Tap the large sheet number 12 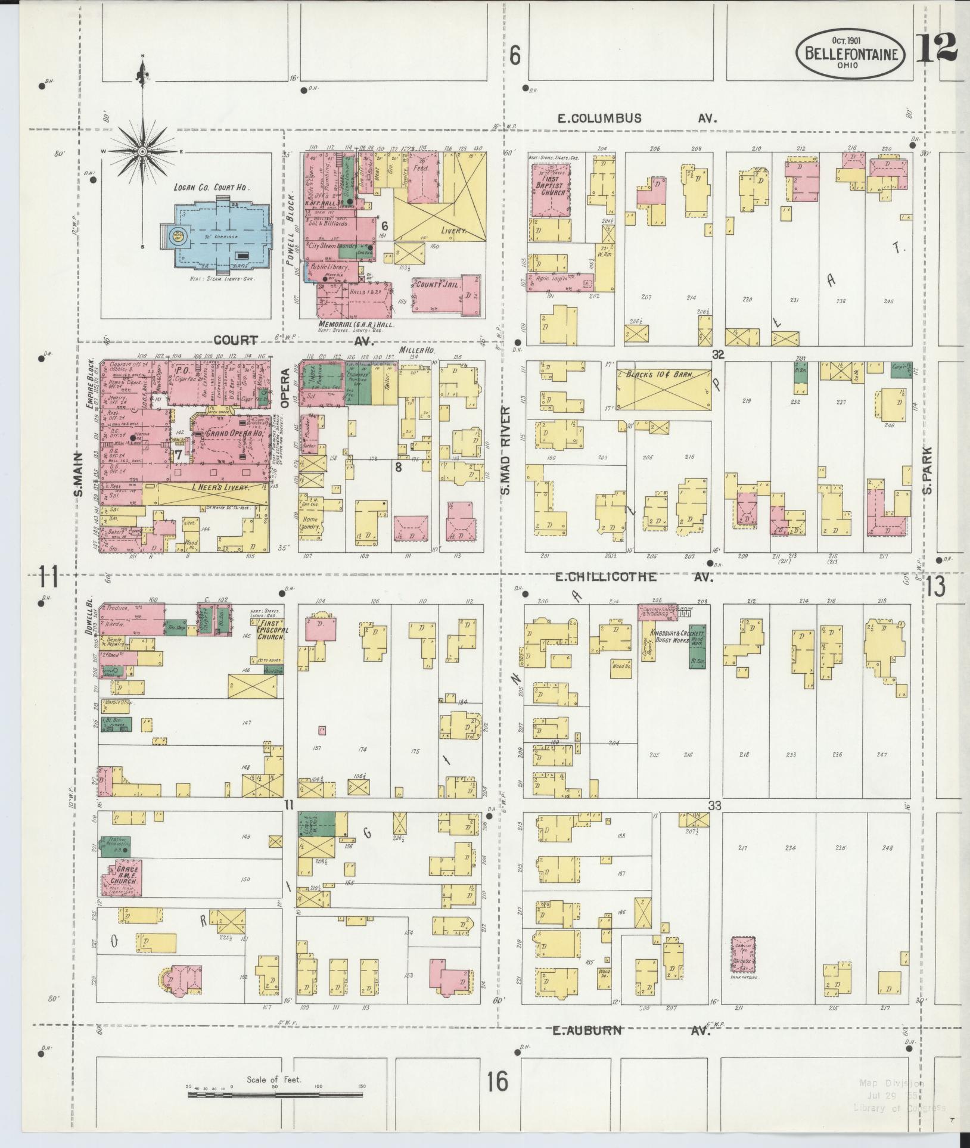click(x=936, y=48)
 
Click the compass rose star click(x=143, y=152)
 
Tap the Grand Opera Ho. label click(x=226, y=433)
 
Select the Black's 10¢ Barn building click(x=663, y=389)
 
